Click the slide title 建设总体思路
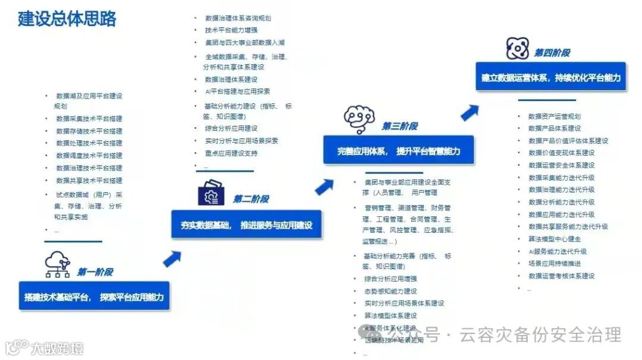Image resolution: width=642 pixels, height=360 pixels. tap(67, 18)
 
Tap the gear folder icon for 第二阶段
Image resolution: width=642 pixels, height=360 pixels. tap(211, 193)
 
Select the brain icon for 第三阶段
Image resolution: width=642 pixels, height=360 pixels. tap(359, 119)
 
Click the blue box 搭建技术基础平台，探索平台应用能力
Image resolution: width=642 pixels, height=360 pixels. tap(94, 296)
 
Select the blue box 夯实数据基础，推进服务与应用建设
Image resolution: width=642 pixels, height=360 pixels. tap(246, 225)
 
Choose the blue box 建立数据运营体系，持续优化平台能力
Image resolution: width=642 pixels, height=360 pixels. tap(550, 77)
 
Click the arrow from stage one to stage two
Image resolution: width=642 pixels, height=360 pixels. tap(172, 258)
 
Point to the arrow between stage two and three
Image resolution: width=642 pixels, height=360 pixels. tap(324, 187)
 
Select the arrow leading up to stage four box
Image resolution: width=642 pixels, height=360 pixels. tap(470, 112)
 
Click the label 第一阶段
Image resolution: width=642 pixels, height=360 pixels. tap(95, 272)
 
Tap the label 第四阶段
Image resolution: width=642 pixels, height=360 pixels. tap(552, 53)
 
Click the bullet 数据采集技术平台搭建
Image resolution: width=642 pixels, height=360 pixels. tap(89, 118)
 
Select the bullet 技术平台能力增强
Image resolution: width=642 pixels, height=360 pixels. tap(231, 30)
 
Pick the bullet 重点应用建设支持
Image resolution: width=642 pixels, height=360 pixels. tap(231, 153)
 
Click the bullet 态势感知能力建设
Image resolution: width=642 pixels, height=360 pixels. tap(391, 291)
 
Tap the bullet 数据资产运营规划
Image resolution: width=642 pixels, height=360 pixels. tap(555, 116)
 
